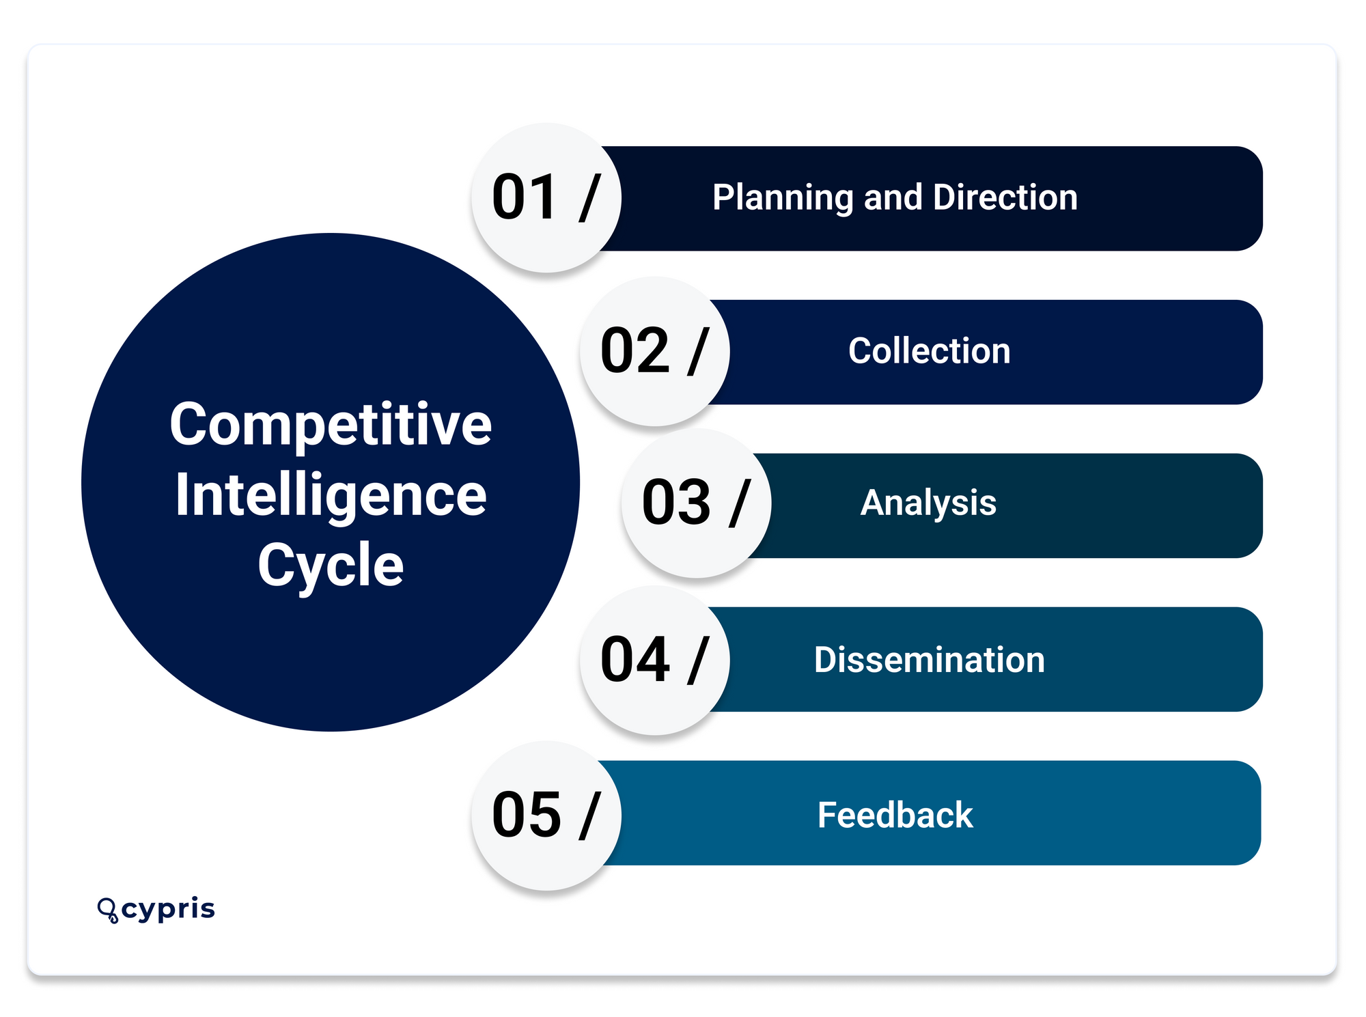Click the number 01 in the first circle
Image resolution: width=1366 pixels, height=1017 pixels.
coord(524,197)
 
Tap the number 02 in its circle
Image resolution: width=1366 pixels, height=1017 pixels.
coord(635,351)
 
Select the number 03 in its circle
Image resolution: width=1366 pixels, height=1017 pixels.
coord(676,503)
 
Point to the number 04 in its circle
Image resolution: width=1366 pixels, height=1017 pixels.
coord(635,660)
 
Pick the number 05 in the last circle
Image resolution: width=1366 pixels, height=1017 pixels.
coord(525,815)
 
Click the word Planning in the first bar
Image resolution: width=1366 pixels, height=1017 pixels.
coord(783,198)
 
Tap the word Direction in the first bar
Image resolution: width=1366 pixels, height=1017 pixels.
coord(1005,197)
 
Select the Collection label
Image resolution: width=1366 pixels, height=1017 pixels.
coord(929,351)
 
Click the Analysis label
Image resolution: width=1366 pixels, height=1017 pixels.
coord(928,503)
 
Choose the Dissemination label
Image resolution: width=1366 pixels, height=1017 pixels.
coord(929,660)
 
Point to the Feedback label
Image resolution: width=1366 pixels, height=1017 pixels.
coord(895,815)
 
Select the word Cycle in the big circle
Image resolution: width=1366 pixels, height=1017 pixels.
coord(331,565)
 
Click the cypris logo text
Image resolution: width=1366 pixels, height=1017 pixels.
coord(168,910)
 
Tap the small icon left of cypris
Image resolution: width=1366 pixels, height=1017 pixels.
coord(107,910)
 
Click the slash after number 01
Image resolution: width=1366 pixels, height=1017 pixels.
coord(589,197)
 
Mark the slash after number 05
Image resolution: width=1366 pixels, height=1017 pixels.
coord(589,815)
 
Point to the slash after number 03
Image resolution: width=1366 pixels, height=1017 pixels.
coord(740,503)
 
